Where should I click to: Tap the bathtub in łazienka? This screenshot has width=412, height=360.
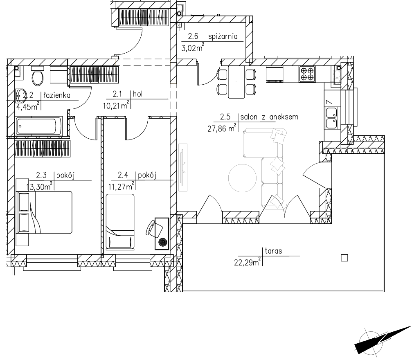[x=39, y=126]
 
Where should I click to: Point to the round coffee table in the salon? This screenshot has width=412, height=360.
[x=242, y=178]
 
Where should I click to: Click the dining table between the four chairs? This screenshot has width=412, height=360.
[x=236, y=82]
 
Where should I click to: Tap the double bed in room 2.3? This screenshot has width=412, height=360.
[x=45, y=212]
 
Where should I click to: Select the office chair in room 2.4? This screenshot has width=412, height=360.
[x=152, y=228]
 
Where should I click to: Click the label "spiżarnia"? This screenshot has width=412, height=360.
[x=223, y=36]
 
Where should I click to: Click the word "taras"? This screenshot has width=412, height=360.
[x=273, y=251]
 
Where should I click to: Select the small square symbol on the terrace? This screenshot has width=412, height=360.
[x=344, y=258]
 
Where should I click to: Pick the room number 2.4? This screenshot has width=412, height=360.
[x=123, y=175]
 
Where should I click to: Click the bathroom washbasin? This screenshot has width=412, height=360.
[x=20, y=96]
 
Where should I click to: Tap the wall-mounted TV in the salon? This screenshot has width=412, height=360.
[x=183, y=168]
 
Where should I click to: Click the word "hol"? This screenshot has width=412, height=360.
[x=138, y=94]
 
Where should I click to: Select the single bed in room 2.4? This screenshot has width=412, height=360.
[x=120, y=221]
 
